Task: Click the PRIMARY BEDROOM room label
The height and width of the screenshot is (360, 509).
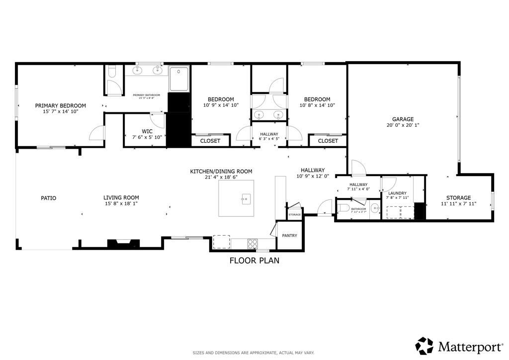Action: [60, 105]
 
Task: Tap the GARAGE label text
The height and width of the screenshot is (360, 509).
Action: [403, 119]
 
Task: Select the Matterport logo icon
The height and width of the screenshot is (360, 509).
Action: [424, 346]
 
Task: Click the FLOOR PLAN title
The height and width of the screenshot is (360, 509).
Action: [254, 260]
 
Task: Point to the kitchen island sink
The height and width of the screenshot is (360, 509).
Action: [245, 200]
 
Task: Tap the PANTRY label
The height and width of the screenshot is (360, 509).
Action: [289, 236]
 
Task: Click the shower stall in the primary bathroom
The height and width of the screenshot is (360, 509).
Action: [179, 79]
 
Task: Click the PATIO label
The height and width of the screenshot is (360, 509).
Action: [48, 198]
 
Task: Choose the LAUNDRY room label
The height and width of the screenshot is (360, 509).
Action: [397, 193]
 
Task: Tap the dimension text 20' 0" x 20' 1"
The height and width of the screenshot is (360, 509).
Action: [403, 125]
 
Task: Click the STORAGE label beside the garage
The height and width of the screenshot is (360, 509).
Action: [458, 198]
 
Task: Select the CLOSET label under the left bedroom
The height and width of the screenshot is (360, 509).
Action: [210, 141]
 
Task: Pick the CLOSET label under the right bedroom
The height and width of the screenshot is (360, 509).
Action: [328, 141]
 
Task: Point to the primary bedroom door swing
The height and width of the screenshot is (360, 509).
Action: [96, 133]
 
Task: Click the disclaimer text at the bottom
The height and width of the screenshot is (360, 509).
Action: [254, 353]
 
